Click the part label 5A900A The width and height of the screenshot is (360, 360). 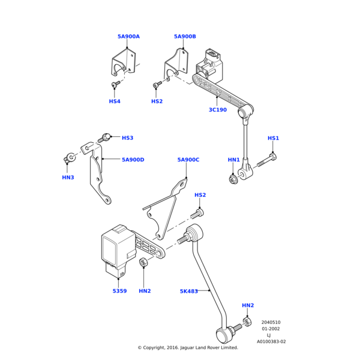128,37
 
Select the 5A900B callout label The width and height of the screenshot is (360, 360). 185,37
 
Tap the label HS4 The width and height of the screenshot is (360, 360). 115,101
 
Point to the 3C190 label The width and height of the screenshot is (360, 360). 218,110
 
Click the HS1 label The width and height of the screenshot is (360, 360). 273,139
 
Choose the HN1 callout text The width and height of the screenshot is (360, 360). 233,160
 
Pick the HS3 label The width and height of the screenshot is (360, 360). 127,138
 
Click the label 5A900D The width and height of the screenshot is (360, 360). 133,160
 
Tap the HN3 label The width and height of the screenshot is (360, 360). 68,177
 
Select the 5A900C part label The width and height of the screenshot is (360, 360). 188,160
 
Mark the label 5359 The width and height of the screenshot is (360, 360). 120,291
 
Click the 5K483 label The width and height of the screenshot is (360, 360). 189,291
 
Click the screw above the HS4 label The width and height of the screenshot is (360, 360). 114,86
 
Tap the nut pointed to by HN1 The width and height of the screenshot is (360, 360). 233,179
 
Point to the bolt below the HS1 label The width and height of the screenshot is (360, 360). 268,161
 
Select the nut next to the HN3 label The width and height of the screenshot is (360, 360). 70,158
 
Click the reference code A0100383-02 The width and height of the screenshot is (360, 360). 271,341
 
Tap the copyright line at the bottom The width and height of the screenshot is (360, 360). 188,347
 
